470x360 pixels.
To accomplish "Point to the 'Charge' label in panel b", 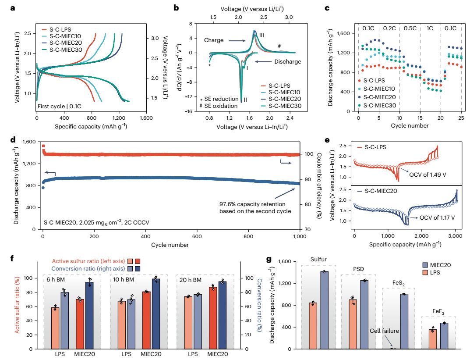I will point(213,40).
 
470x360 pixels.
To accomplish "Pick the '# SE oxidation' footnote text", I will point(219,106).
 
